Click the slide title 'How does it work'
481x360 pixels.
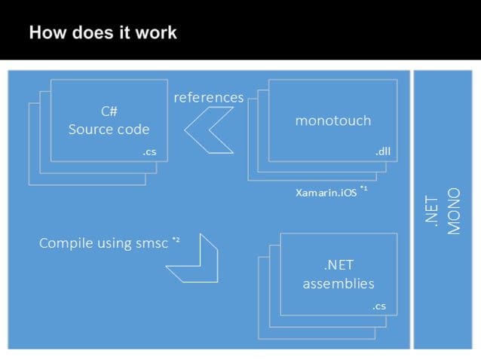coord(103,32)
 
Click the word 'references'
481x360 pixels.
coord(209,98)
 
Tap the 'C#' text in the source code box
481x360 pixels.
coord(109,111)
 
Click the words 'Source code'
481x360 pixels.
coord(109,129)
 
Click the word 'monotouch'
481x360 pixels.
coord(332,120)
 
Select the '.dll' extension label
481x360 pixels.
coord(382,153)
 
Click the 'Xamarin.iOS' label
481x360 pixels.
coord(326,192)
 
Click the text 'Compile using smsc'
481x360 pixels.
coord(104,243)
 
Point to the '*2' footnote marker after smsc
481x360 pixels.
coord(176,240)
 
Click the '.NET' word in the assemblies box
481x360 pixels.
coord(338,265)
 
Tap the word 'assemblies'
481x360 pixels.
coord(338,284)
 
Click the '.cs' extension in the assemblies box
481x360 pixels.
coord(379,307)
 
